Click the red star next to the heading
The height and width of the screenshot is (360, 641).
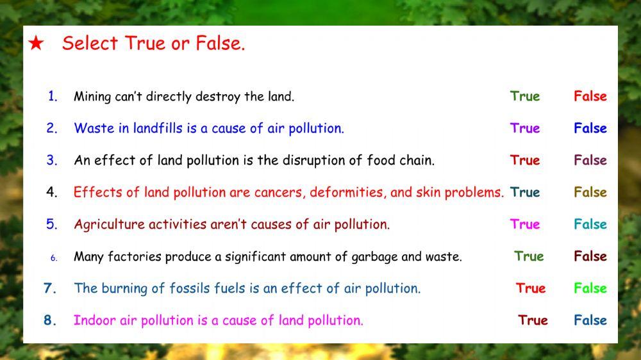point(36,44)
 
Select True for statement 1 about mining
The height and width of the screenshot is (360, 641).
point(525,96)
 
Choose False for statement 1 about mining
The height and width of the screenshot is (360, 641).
point(590,96)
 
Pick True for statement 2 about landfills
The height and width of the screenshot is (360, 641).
point(525,128)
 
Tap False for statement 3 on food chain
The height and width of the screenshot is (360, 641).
point(590,160)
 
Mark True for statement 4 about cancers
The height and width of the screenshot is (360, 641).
point(525,192)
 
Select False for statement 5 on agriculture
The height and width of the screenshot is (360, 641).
point(590,224)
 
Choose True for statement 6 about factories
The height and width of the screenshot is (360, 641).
point(529,256)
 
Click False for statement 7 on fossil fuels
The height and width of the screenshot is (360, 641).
point(590,288)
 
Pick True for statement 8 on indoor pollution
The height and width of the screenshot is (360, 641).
point(533,320)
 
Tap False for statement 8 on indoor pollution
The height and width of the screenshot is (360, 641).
point(590,320)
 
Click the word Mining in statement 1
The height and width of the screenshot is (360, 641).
point(92,97)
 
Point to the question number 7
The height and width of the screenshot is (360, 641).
point(50,288)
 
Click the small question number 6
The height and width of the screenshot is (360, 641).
point(54,258)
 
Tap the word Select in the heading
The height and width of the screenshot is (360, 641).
point(90,44)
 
